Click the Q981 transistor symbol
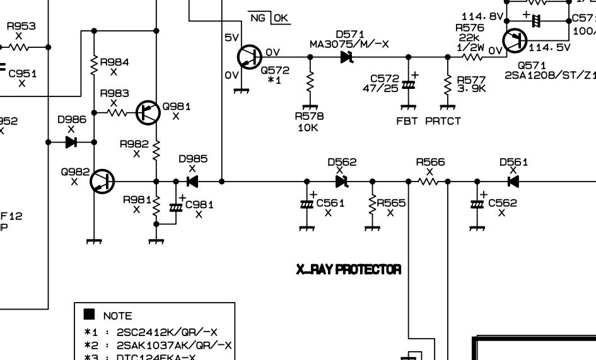[x=148, y=112]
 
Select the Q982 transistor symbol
[x=102, y=182]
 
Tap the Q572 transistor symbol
[x=249, y=57]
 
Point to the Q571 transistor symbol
[x=516, y=41]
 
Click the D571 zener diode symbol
[x=346, y=57]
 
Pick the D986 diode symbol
[x=71, y=142]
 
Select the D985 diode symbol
[x=192, y=182]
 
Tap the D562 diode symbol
[x=342, y=182]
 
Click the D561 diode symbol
[x=513, y=182]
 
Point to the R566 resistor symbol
[x=428, y=182]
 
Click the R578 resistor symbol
[x=310, y=83]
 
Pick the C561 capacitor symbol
[x=307, y=204]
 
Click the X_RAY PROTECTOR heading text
[x=348, y=269]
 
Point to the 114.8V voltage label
[x=482, y=16]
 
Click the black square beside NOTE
[x=89, y=314]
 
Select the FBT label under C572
[x=407, y=121]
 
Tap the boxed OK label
[x=281, y=18]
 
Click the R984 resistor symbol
[x=94, y=65]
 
